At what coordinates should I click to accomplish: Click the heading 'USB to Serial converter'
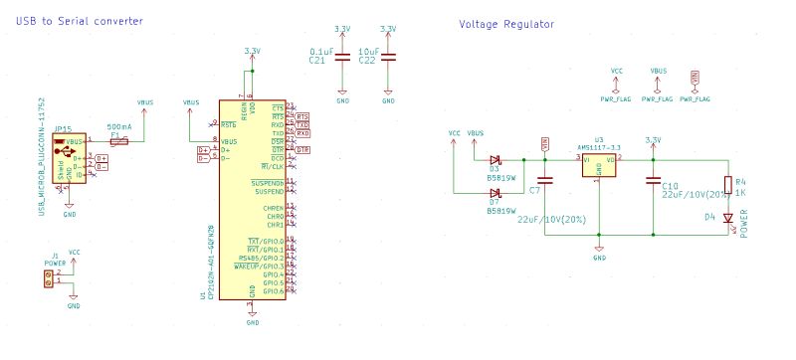point(79,21)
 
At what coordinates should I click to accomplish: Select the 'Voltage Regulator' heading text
point(506,23)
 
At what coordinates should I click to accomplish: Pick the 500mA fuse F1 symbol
point(118,142)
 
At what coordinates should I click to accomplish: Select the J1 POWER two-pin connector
point(46,276)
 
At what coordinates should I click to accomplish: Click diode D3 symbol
point(496,159)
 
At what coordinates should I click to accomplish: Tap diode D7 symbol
point(496,193)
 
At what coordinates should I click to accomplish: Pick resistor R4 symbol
point(727,184)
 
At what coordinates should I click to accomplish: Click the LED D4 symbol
point(727,218)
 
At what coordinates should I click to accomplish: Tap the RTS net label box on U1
point(302,115)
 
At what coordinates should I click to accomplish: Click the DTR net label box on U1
point(302,150)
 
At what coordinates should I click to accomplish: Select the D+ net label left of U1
point(203,150)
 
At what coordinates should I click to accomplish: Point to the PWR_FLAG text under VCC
point(617,99)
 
